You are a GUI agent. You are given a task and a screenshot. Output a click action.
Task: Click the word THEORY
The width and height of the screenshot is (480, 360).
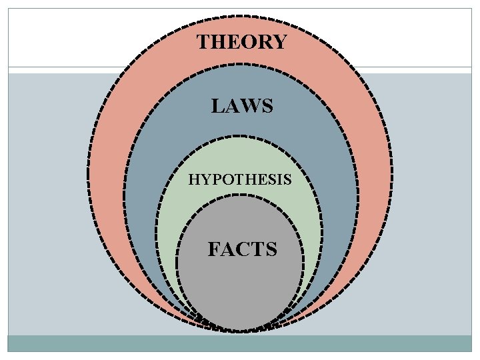pyautogui.click(x=241, y=43)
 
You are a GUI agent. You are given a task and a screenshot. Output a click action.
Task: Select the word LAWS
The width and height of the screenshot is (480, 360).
pyautogui.click(x=242, y=106)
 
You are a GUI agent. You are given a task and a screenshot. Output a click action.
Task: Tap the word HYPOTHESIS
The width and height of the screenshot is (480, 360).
pyautogui.click(x=239, y=179)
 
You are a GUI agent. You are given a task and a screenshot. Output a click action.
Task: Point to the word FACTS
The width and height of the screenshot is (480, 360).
pyautogui.click(x=242, y=250)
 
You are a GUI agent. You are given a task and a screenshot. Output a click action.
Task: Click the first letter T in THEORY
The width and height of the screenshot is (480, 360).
pyautogui.click(x=203, y=43)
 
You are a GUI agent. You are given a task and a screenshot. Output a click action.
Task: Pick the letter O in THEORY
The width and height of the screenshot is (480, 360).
pyautogui.click(x=247, y=43)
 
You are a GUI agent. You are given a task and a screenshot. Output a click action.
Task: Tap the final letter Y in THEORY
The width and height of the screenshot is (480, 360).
pyautogui.click(x=279, y=43)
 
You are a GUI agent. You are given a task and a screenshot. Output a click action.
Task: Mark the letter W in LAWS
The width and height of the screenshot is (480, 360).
pyautogui.click(x=250, y=106)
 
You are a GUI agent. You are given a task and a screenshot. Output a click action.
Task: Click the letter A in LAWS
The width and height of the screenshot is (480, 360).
pyautogui.click(x=232, y=106)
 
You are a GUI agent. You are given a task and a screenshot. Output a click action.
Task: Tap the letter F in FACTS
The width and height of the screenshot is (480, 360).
pyautogui.click(x=214, y=250)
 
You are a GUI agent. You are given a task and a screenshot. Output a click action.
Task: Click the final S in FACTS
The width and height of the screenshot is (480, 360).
pyautogui.click(x=270, y=250)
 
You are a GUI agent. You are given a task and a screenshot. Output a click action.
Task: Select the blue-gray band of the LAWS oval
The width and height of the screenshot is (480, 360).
pyautogui.click(x=143, y=200)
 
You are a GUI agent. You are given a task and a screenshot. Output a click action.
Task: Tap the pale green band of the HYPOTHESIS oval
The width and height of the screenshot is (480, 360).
pyautogui.click(x=168, y=220)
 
